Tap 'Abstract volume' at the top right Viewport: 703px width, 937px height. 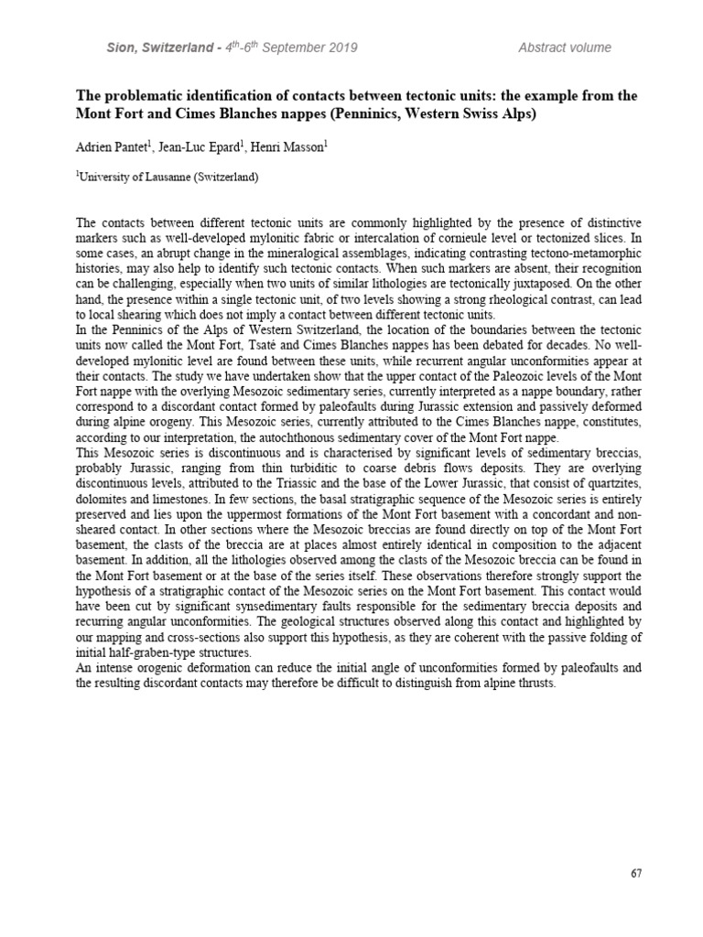(565, 48)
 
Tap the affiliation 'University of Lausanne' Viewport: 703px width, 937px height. (138, 178)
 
